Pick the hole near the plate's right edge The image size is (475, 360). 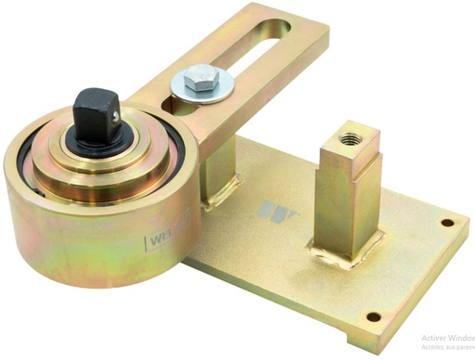pyautogui.click(x=448, y=224)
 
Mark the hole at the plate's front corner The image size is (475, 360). pyautogui.click(x=373, y=315)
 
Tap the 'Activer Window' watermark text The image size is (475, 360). pyautogui.click(x=446, y=339)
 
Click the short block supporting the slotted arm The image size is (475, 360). pyautogui.click(x=222, y=168)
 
